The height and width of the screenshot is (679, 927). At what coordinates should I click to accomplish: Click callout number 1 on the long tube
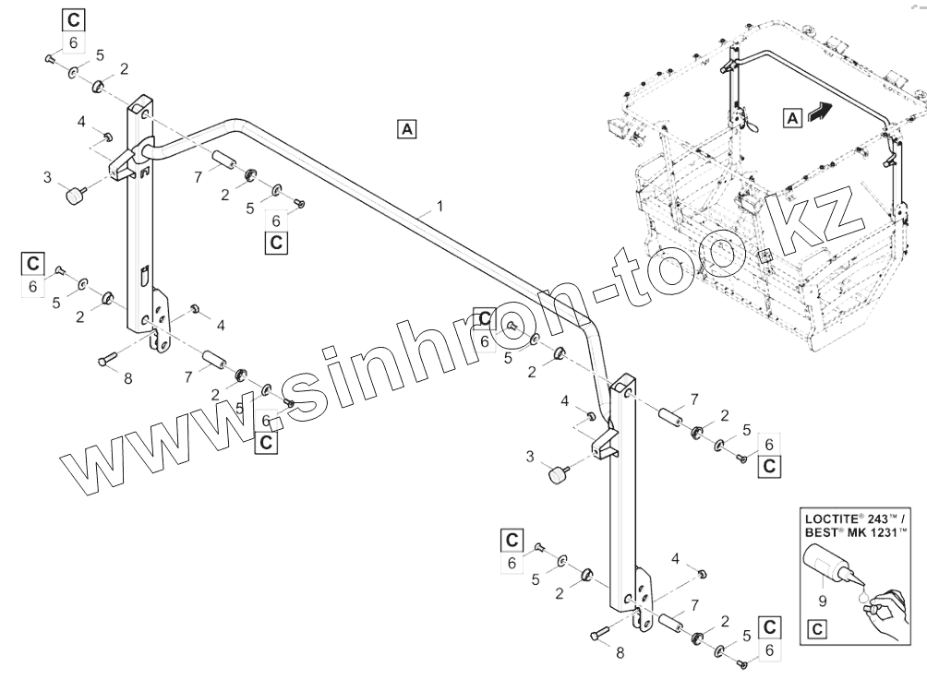coord(440,207)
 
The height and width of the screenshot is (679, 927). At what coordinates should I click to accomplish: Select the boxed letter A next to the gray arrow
coord(791,116)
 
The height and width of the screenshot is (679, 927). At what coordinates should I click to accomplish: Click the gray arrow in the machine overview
coord(818,112)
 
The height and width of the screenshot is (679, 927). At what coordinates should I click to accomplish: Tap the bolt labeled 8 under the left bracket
coord(106,358)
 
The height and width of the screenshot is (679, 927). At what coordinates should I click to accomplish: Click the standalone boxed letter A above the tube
coord(406,128)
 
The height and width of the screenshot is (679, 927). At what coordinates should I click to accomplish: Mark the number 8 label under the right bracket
coord(620,653)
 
